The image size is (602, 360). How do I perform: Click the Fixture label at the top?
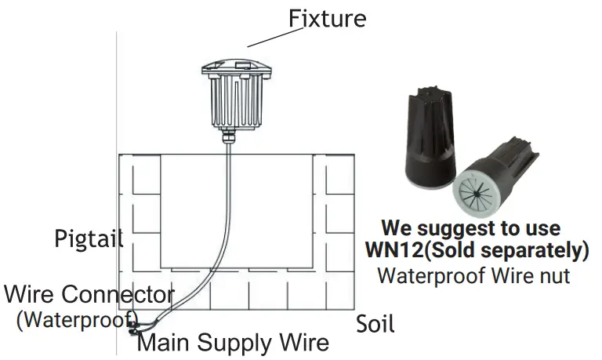click(326, 17)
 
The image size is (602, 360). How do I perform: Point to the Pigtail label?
click(89, 238)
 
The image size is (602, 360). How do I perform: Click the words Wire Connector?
click(89, 295)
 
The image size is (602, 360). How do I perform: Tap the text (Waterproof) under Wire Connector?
click(77, 319)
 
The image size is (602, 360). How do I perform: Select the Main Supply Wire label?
click(233, 343)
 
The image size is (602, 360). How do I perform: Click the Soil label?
click(375, 322)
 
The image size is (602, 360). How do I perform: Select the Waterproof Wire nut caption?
click(473, 275)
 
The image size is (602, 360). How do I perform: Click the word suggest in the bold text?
click(461, 228)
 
